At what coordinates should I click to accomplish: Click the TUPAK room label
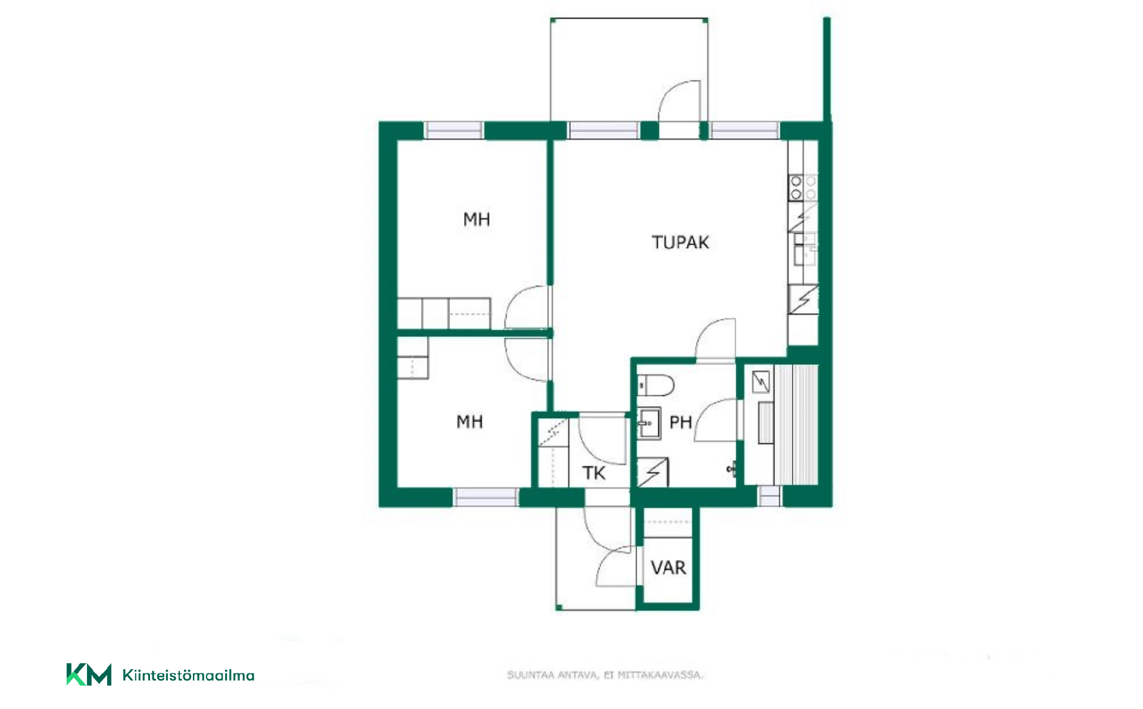pyautogui.click(x=680, y=242)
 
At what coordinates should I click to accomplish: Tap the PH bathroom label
pyautogui.click(x=680, y=422)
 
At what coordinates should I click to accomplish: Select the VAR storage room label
pyautogui.click(x=669, y=567)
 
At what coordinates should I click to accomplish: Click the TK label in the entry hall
pyautogui.click(x=594, y=473)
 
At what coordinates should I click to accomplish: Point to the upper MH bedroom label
pyautogui.click(x=476, y=219)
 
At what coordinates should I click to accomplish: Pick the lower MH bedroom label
pyautogui.click(x=469, y=421)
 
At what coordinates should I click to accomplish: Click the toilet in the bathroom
pyautogui.click(x=655, y=385)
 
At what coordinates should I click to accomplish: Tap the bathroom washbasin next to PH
pyautogui.click(x=649, y=423)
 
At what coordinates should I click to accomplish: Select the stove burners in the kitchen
pyautogui.click(x=803, y=187)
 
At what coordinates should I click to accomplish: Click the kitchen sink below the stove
pyautogui.click(x=805, y=249)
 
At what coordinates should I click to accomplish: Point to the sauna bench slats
pyautogui.click(x=796, y=424)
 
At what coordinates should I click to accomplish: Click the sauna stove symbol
pyautogui.click(x=761, y=382)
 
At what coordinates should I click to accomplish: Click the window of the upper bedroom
pyautogui.click(x=454, y=130)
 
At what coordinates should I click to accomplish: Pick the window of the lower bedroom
pyautogui.click(x=486, y=497)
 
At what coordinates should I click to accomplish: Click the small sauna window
pyautogui.click(x=769, y=496)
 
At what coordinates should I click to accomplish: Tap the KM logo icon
pyautogui.click(x=89, y=674)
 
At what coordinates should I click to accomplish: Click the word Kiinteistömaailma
pyautogui.click(x=188, y=675)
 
